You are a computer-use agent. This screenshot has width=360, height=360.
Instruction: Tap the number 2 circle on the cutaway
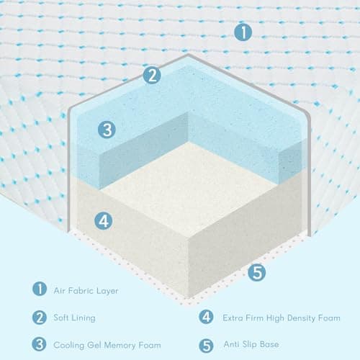151,76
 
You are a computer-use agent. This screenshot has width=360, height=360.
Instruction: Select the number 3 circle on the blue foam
107,130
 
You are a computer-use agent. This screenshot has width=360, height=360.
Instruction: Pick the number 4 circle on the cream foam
104,221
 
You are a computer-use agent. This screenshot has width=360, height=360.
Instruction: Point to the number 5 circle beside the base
258,272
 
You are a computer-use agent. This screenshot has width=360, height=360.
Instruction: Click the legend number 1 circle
37,290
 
